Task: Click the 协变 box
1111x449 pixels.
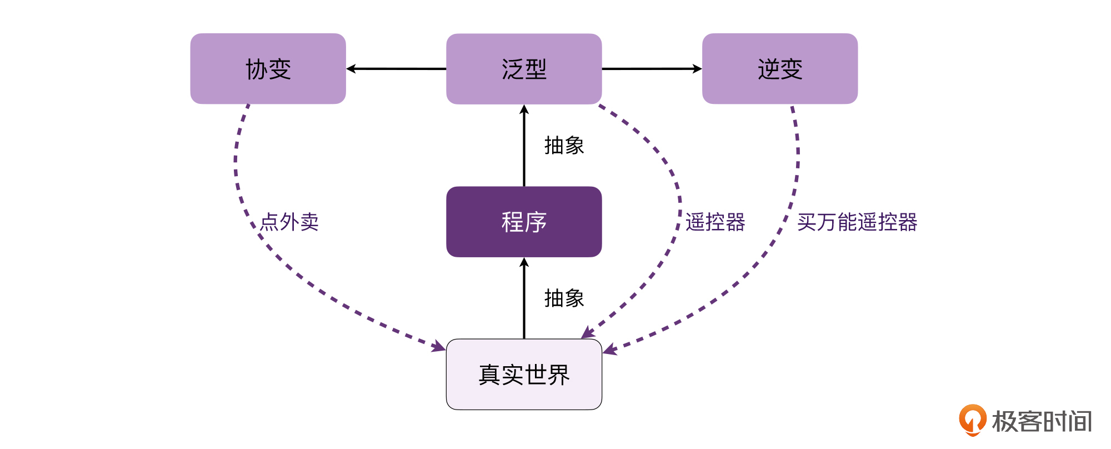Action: [x=268, y=69]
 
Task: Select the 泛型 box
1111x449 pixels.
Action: [x=524, y=69]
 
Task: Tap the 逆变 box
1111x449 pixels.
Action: [x=780, y=69]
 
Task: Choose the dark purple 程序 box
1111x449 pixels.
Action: [x=524, y=222]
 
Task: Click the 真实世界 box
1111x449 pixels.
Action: [x=524, y=375]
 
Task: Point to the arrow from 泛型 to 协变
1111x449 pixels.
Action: [x=396, y=69]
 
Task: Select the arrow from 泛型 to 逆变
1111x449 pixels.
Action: [x=652, y=69]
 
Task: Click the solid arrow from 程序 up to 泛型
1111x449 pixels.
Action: [x=524, y=146]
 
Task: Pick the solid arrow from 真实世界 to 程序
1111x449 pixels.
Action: [x=524, y=298]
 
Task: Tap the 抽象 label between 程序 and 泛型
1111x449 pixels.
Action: [x=564, y=146]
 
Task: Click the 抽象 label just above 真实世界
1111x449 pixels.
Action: [x=564, y=298]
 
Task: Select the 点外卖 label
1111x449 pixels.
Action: [x=289, y=222]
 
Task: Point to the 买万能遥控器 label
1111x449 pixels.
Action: [x=857, y=222]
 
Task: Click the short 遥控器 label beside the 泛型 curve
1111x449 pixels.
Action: [x=715, y=222]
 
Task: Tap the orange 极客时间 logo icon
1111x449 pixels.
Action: [x=972, y=420]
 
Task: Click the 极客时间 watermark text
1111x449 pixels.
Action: [x=1042, y=421]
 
